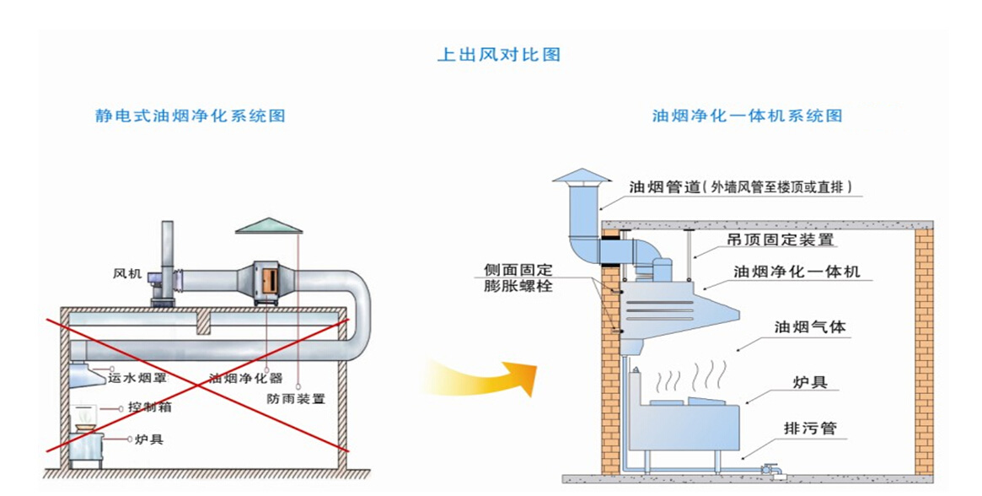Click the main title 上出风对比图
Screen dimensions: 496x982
498,55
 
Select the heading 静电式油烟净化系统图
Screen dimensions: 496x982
190,116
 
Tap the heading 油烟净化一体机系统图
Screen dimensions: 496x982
747,116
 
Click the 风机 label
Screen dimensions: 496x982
126,274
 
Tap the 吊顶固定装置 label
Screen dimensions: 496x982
781,240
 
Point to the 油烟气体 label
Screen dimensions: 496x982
809,326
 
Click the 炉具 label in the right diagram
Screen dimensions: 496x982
810,382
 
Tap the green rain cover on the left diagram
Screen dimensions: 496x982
268,225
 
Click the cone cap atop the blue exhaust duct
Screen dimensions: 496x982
582,175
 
